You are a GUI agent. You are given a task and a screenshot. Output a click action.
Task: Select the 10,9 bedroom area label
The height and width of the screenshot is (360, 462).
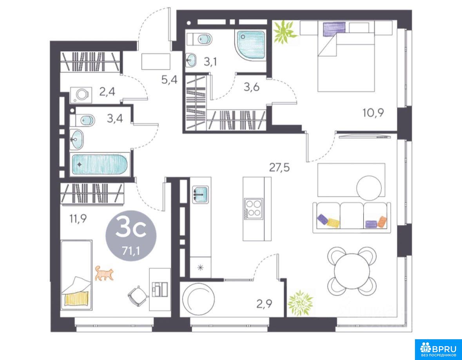(x=373, y=112)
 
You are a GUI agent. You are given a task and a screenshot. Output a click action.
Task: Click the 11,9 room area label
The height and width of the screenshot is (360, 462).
(x=78, y=219)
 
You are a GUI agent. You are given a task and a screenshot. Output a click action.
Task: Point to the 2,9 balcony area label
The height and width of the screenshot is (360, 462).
(x=265, y=304)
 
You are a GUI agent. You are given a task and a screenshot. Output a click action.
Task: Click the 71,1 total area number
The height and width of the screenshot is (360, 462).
(x=131, y=251)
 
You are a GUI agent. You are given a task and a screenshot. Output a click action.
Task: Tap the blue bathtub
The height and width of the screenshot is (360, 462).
(x=100, y=165)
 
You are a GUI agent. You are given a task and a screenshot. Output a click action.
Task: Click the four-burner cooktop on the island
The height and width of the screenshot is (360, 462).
(x=254, y=208)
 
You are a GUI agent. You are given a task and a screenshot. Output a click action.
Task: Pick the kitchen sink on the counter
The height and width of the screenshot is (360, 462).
(x=200, y=194)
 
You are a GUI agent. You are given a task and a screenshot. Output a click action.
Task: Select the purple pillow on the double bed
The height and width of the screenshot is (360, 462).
(x=334, y=29)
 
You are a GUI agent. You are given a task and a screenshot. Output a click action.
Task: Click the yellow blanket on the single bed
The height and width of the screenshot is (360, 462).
(x=76, y=298)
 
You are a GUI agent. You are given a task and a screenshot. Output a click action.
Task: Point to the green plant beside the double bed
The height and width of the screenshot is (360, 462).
(x=284, y=32)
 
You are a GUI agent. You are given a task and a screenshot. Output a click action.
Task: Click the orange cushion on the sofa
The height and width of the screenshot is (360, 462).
(x=382, y=222)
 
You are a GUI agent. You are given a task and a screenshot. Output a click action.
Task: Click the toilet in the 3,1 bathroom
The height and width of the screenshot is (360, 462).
(x=199, y=39)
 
